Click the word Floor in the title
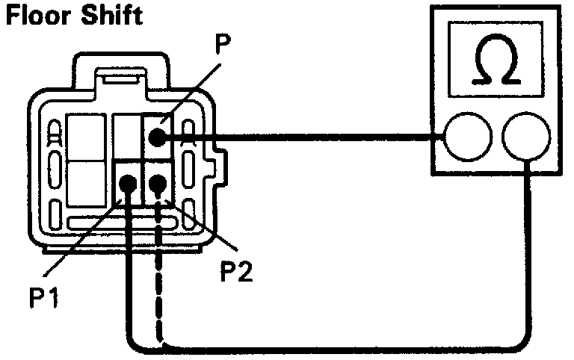tap(37, 14)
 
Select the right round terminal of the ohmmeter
tap(528, 137)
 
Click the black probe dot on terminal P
tap(155, 137)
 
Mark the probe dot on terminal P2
tap(158, 184)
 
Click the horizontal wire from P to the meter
tap(299, 137)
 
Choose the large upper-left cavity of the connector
tap(86, 138)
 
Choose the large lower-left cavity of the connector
tap(86, 187)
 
